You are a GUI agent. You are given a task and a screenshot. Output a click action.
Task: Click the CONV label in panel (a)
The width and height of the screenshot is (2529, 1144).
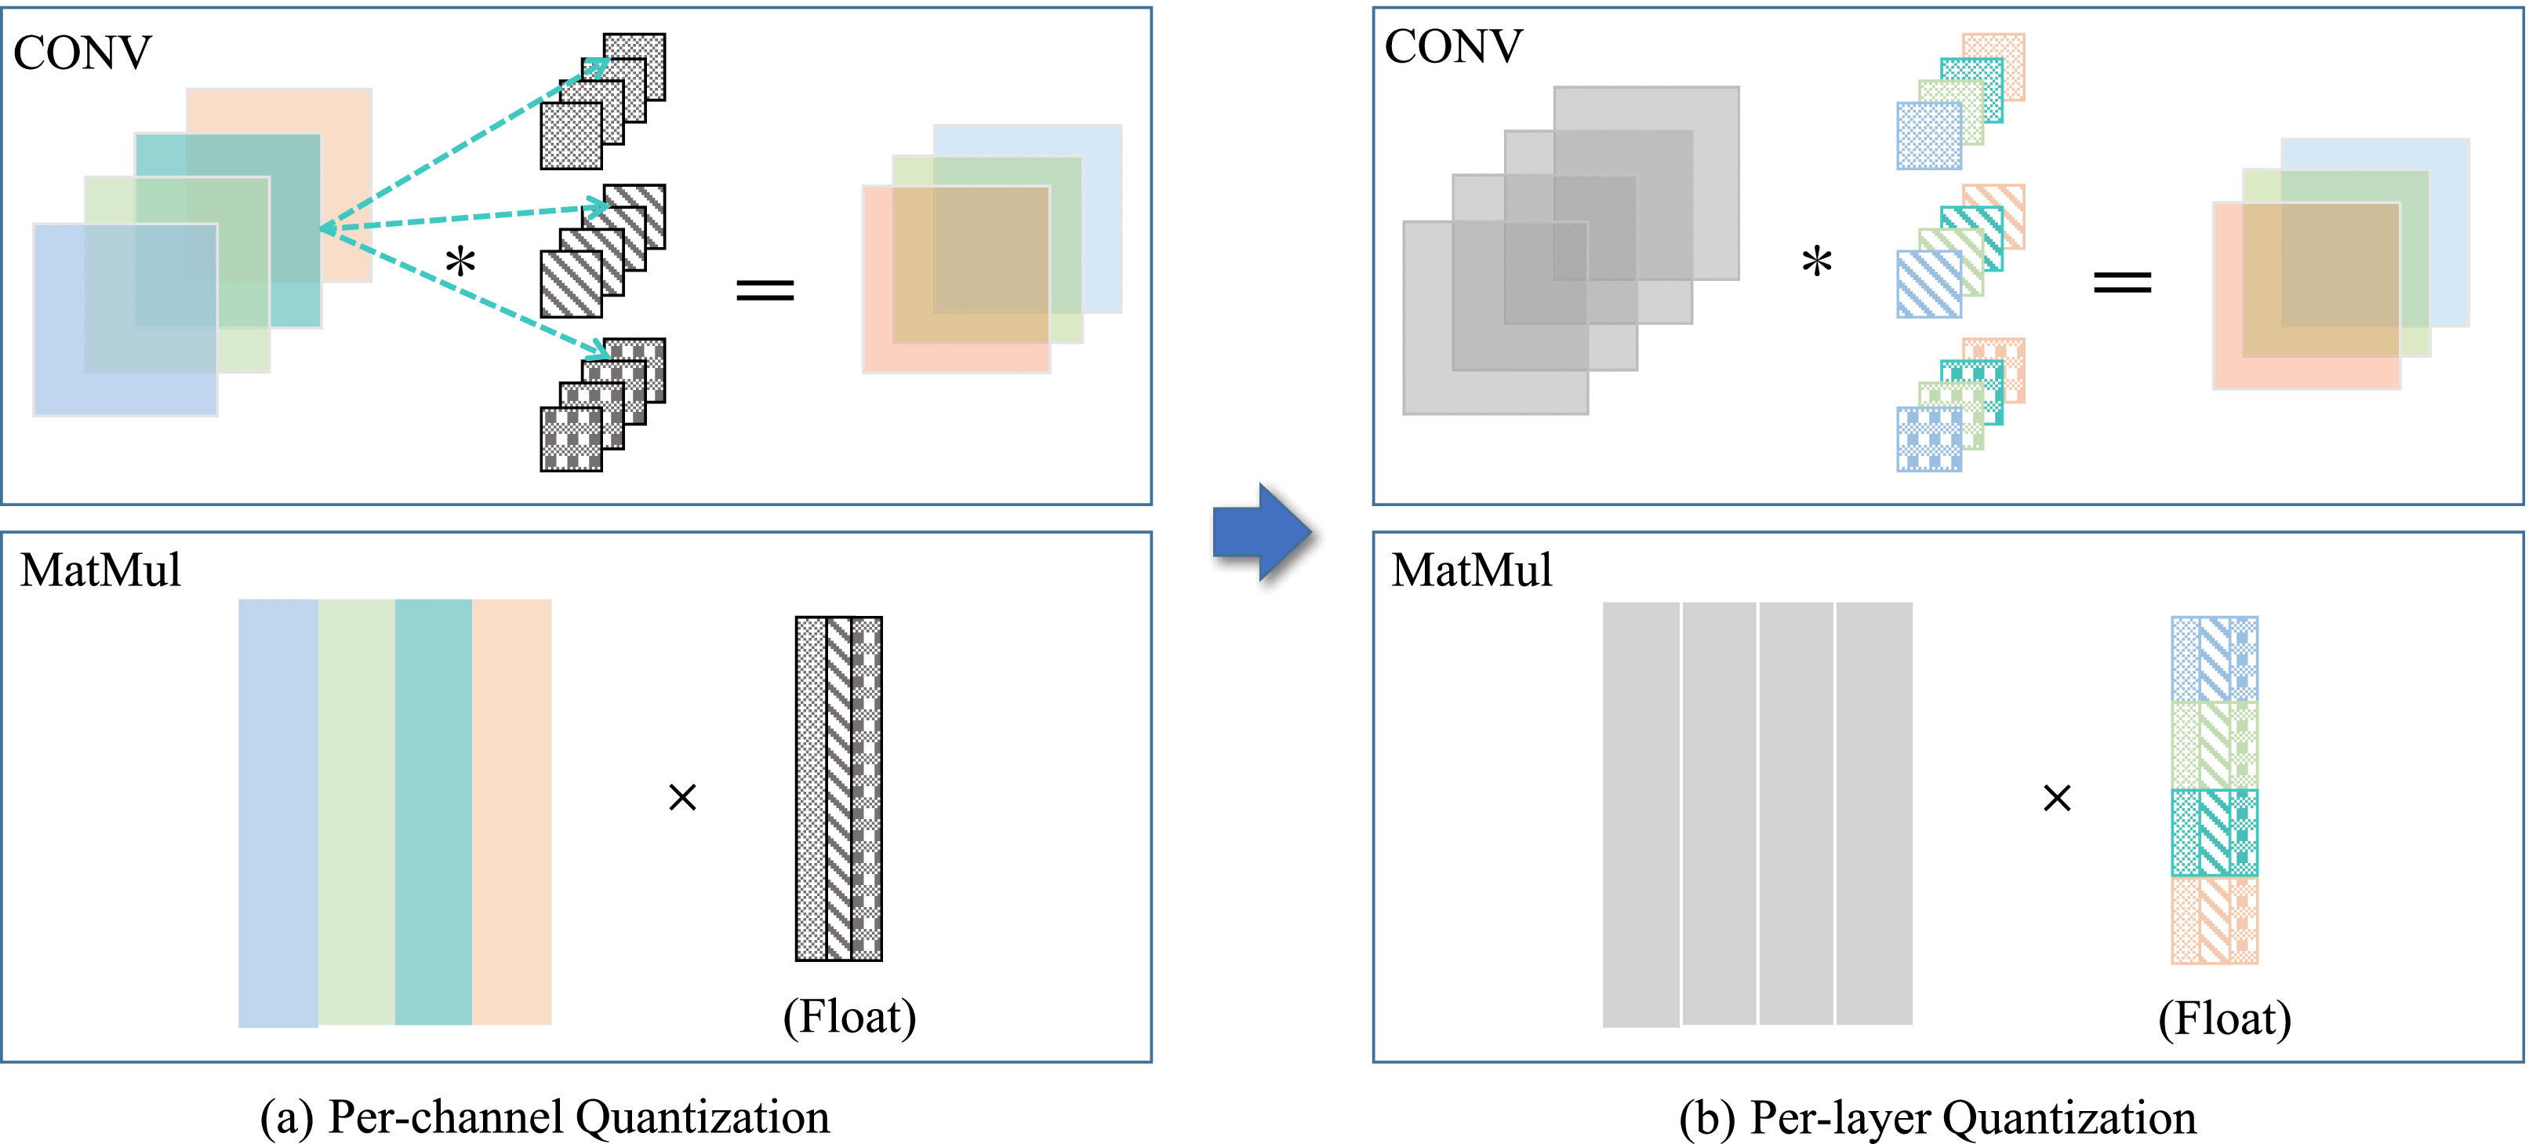[82, 53]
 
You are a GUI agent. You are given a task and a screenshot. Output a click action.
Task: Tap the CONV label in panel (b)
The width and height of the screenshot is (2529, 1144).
[1453, 47]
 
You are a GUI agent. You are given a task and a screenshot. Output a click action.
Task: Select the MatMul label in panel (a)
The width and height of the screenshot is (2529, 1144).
[100, 570]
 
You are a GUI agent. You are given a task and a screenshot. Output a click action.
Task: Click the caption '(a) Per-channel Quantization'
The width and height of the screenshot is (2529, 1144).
[545, 1117]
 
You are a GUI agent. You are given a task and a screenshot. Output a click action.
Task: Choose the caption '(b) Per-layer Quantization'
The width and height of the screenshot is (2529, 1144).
[1937, 1117]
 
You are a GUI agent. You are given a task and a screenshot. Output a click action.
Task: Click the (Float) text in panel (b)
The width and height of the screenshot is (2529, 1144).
[2225, 1018]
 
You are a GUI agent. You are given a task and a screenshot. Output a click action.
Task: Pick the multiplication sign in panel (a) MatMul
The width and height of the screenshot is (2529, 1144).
[682, 796]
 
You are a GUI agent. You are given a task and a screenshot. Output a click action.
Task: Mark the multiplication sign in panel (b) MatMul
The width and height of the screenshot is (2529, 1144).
[2057, 797]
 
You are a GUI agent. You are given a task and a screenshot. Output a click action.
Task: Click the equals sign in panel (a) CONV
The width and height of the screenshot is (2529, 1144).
[765, 290]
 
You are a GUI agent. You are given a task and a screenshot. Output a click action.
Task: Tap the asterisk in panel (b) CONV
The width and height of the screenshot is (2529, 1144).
[1816, 262]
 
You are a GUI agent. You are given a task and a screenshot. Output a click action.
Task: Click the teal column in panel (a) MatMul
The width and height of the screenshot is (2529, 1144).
[434, 812]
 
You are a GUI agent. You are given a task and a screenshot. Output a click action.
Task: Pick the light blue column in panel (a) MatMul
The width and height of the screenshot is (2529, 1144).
[278, 813]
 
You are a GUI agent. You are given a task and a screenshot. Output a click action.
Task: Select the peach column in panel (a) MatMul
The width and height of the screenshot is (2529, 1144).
[511, 812]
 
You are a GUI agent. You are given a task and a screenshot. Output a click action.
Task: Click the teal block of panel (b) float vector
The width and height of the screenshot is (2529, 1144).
[2215, 832]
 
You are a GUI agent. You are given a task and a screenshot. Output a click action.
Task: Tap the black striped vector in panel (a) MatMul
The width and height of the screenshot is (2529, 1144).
[838, 789]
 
